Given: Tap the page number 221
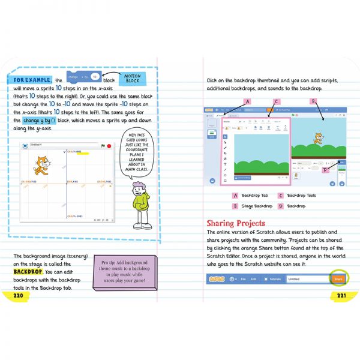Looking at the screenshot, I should click(341, 295).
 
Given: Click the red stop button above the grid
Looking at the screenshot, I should click(110, 146).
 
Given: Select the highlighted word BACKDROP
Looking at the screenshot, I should click(28, 271).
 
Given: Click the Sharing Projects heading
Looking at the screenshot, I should click(235, 223).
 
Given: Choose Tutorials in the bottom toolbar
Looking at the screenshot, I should click(274, 279).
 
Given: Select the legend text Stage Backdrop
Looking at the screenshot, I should click(256, 206).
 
